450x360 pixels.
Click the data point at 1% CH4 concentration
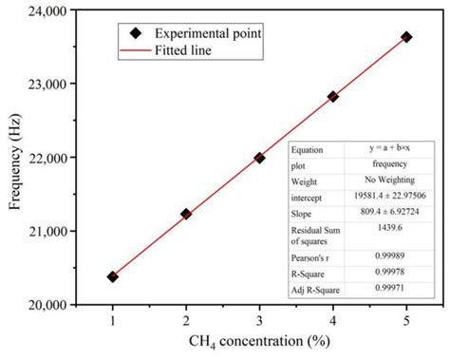(x=113, y=276)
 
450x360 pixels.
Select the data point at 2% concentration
(x=186, y=214)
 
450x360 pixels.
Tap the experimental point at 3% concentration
(x=259, y=158)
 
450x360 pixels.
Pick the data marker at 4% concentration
(x=333, y=96)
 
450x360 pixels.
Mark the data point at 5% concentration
(x=406, y=37)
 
